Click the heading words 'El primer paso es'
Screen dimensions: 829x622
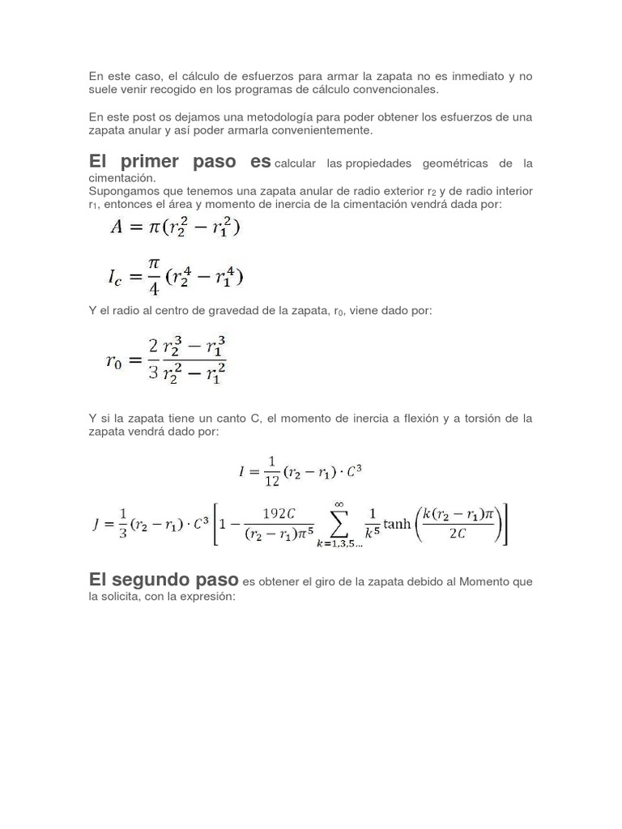179,161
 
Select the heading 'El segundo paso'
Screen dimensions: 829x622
163,580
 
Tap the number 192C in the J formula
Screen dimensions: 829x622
278,513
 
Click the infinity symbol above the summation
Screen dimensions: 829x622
339,504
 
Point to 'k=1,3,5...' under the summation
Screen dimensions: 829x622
339,546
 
